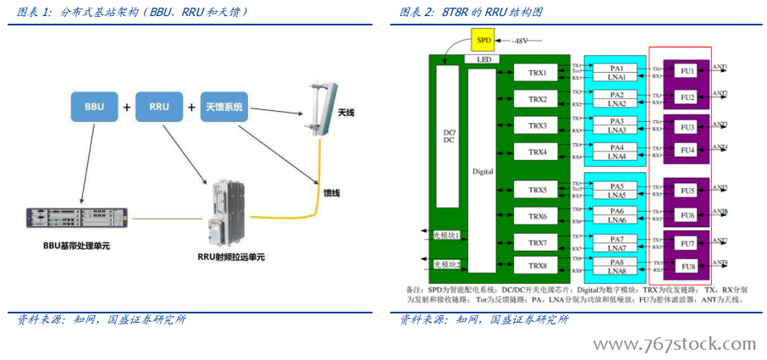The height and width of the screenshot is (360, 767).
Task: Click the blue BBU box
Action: tap(94, 108)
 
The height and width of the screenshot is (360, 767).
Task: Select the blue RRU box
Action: tap(158, 108)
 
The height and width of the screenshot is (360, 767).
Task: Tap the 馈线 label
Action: tap(331, 193)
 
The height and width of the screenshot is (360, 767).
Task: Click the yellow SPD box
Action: tap(483, 40)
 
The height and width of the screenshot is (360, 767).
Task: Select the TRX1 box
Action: tap(538, 74)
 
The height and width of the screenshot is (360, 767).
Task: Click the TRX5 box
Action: tap(538, 190)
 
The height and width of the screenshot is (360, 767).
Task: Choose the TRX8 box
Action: tap(538, 266)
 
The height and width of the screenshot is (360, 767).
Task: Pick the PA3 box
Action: tap(616, 121)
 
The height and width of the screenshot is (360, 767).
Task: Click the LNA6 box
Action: tap(616, 220)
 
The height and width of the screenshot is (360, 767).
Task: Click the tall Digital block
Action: tap(483, 170)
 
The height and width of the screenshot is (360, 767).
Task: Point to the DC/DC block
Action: tap(449, 136)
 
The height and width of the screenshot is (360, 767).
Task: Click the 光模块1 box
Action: tap(447, 235)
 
